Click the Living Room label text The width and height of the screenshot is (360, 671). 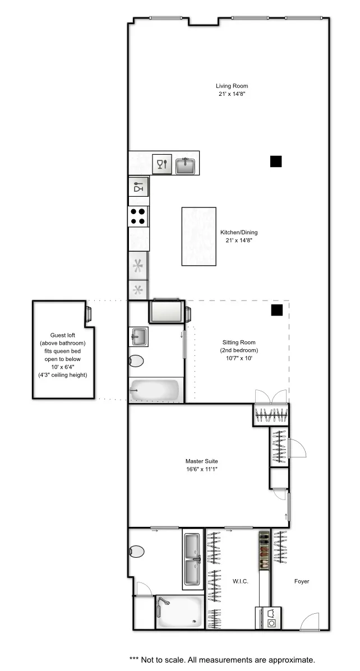coord(232,86)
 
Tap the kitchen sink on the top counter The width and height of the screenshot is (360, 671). coord(185,165)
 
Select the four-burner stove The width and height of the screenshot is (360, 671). coord(139,216)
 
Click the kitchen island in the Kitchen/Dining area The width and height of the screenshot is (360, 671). coord(199,236)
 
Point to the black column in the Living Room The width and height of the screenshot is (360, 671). coord(275,161)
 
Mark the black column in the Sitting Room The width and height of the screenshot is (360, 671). coord(276,310)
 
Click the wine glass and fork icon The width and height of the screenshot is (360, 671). coord(162,164)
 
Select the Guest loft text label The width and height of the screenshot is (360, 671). coord(62,335)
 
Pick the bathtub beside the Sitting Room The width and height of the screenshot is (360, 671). coord(155,390)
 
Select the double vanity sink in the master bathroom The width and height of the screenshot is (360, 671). coord(192,559)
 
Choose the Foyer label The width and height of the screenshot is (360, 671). coord(302,581)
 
